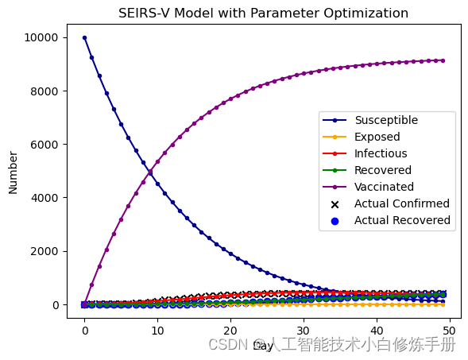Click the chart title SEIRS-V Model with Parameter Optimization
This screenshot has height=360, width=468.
(x=263, y=14)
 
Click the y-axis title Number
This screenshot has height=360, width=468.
(x=14, y=172)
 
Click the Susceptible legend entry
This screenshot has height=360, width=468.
(x=385, y=121)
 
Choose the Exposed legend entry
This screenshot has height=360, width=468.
(x=377, y=137)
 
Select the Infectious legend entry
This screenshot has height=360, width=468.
(x=381, y=154)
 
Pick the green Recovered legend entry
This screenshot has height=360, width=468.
(x=383, y=171)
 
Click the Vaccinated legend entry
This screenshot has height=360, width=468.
(x=384, y=188)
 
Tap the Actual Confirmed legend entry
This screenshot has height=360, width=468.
(x=401, y=204)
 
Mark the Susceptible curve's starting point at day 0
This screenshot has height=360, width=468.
(x=84, y=37)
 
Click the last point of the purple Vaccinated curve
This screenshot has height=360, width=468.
(x=443, y=60)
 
